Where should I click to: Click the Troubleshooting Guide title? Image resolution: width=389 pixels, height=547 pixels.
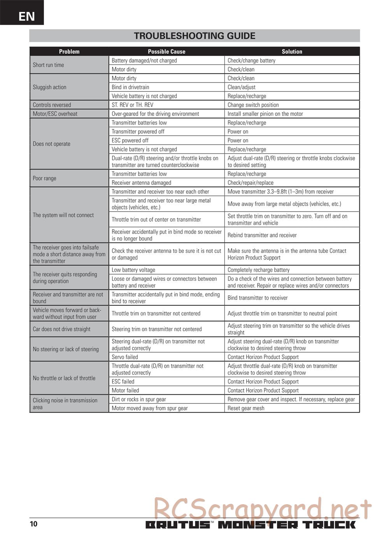pyautogui.click(x=194, y=36)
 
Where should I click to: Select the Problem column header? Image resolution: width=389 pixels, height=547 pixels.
pyautogui.click(x=69, y=51)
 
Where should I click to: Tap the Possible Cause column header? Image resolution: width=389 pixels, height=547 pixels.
pyautogui.click(x=166, y=51)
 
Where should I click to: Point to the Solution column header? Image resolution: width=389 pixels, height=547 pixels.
pyautogui.click(x=292, y=51)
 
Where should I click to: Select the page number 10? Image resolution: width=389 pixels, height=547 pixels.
pyautogui.click(x=34, y=524)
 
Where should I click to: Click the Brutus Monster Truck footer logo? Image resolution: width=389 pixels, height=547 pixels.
pyautogui.click(x=251, y=524)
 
